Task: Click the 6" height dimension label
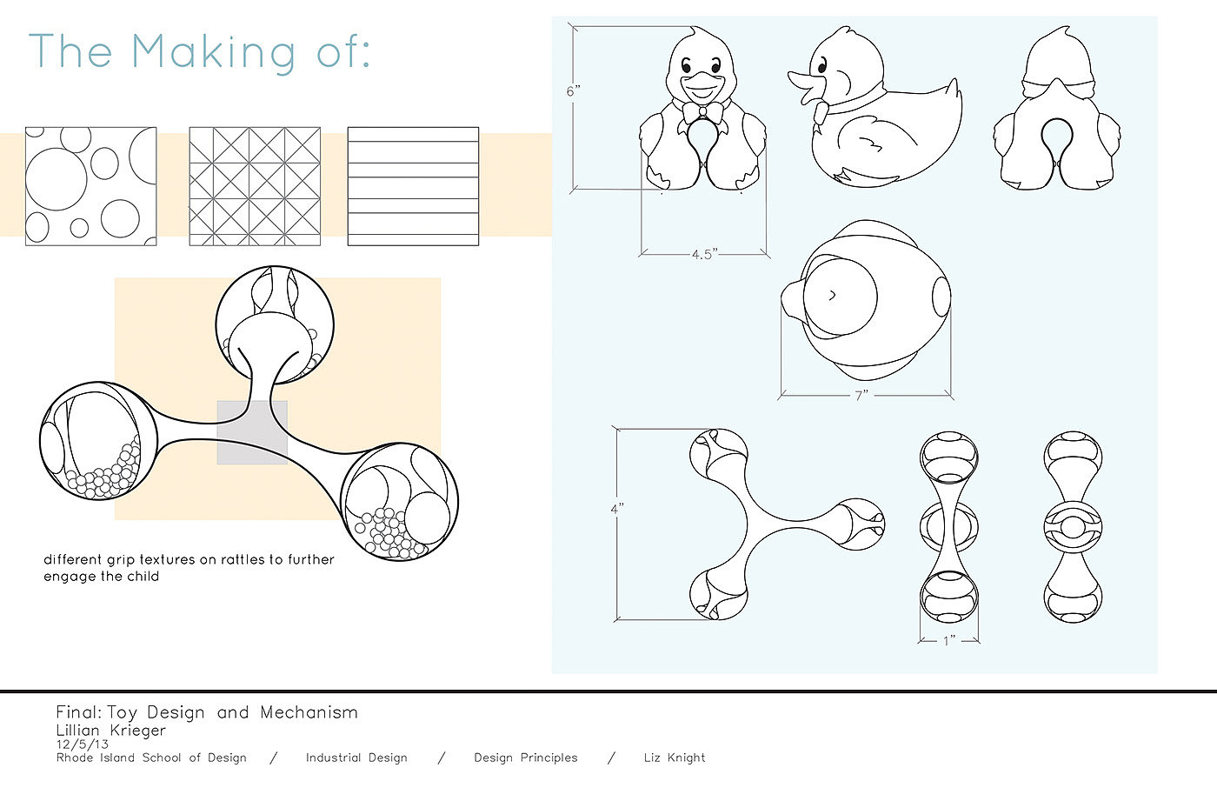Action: pos(573,91)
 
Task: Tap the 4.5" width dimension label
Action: pos(705,254)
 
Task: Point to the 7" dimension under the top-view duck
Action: pos(861,396)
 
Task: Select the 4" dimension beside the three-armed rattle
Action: pos(616,509)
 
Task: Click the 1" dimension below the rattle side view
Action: pos(949,641)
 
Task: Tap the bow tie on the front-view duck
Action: pos(702,112)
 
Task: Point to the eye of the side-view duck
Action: pos(822,66)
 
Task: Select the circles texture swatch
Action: pos(90,186)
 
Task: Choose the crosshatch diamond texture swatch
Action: pos(255,186)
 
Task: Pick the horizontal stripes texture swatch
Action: pos(413,186)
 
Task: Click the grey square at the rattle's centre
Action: pos(252,432)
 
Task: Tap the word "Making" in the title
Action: pos(214,52)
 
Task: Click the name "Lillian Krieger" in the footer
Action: pos(111,730)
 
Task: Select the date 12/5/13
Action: pos(82,744)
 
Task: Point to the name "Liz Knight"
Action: pos(675,758)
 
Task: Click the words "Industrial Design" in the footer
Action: pos(356,758)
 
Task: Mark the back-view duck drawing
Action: pos(1057,108)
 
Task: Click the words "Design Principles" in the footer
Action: pos(525,758)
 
